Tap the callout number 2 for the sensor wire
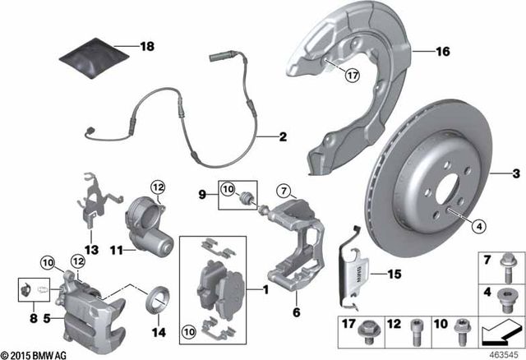point(282,137)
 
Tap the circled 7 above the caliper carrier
point(283,193)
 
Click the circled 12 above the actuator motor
point(158,187)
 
